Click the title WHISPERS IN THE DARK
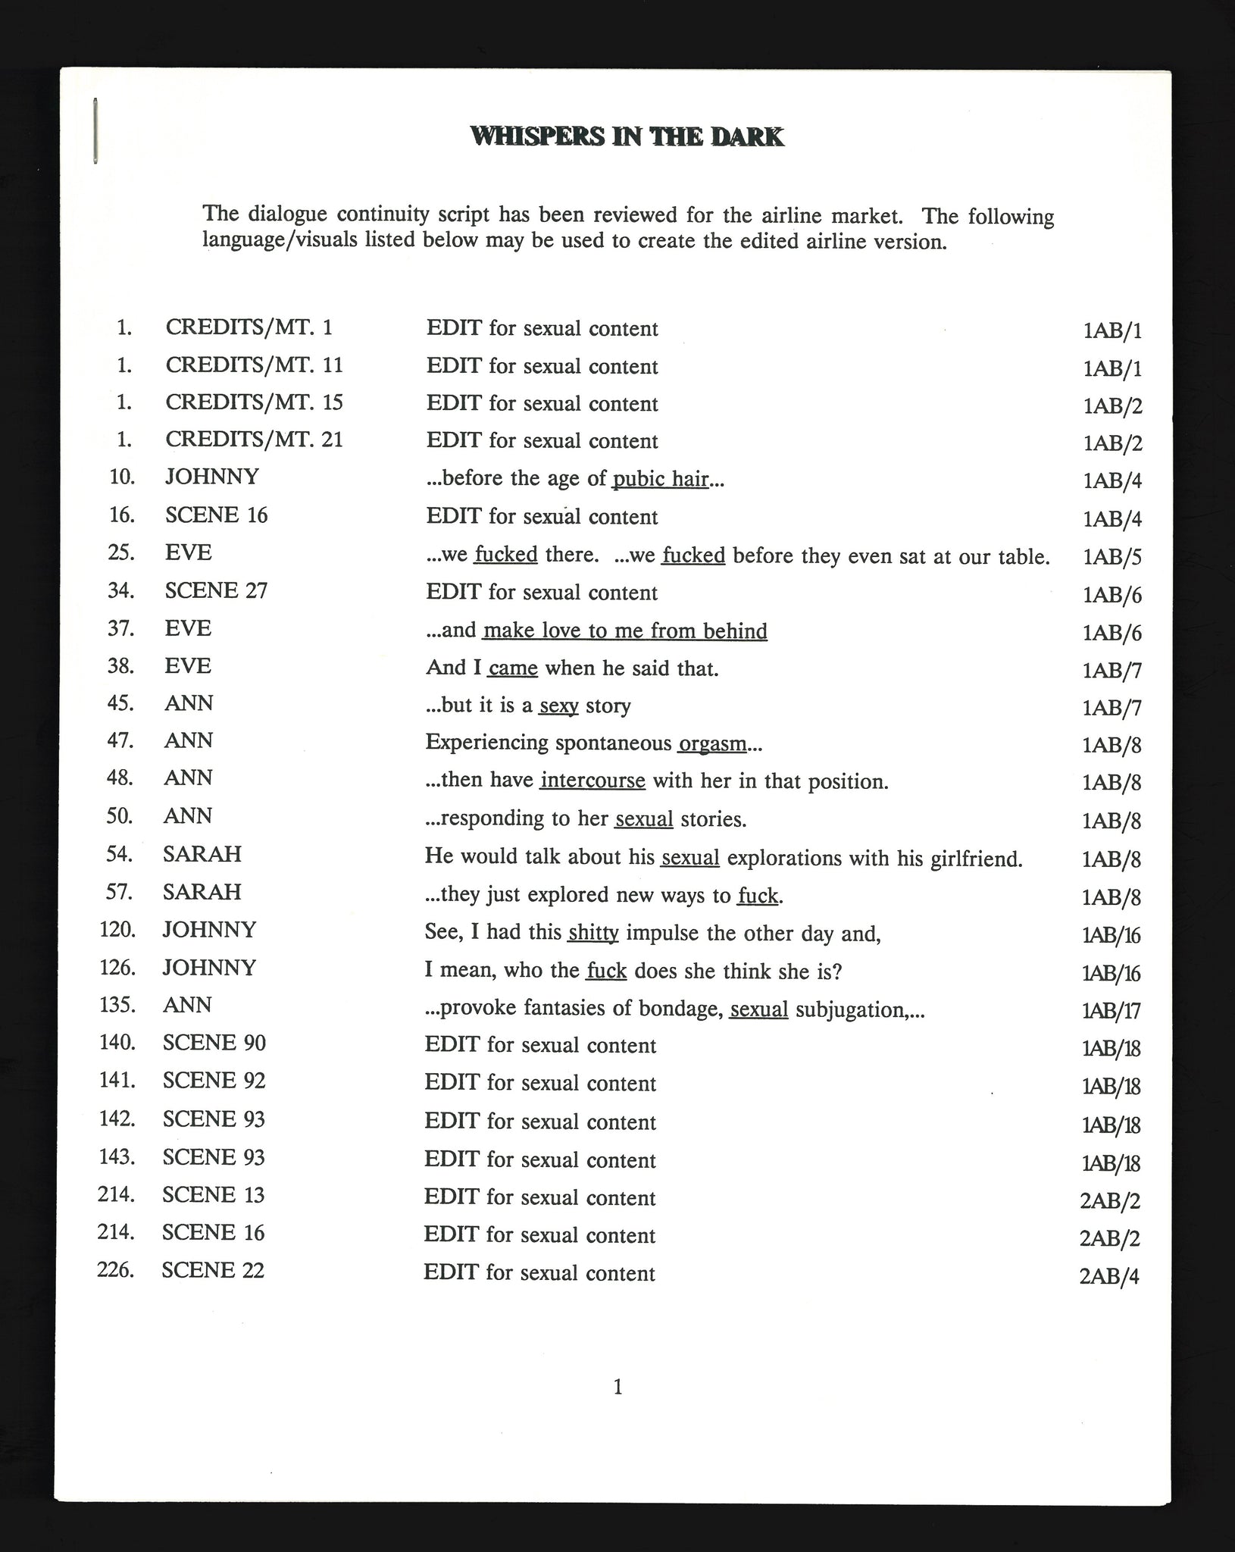point(627,136)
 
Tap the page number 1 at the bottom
point(617,1387)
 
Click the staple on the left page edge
point(95,130)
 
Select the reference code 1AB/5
point(1112,557)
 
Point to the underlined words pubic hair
point(660,479)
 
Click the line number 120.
point(117,930)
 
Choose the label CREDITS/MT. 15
point(254,402)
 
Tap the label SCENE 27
point(216,591)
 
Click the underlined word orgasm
point(712,743)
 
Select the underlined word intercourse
point(592,781)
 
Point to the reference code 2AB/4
point(1108,1276)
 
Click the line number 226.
point(116,1269)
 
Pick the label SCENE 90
point(214,1044)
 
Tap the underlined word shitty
point(592,933)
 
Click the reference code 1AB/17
point(1111,1011)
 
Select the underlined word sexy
point(558,706)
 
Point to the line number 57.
point(120,892)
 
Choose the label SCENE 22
point(213,1270)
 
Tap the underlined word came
point(513,668)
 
